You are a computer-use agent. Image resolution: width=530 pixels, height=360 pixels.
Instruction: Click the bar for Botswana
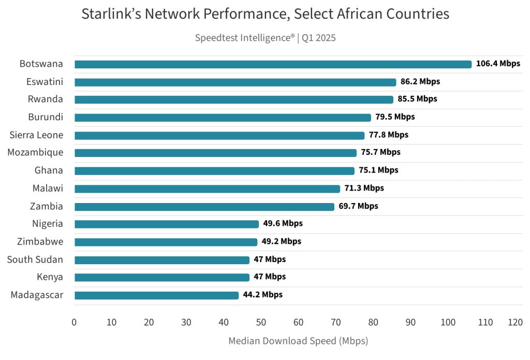point(273,64)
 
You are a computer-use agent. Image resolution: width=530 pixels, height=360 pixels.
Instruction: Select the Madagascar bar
point(156,295)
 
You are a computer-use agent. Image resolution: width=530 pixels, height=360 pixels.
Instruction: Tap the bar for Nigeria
point(166,224)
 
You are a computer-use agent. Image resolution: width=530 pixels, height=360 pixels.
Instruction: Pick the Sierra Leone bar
point(219,135)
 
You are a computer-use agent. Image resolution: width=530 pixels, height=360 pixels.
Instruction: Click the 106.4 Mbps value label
point(498,64)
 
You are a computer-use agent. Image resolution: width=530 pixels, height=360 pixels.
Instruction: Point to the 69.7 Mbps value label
point(358,206)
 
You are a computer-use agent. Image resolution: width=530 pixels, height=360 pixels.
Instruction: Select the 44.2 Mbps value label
point(262,295)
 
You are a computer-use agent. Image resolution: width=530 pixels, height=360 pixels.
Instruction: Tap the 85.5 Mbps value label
point(417,99)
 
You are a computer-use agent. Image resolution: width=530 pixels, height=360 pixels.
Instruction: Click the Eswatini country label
point(45,82)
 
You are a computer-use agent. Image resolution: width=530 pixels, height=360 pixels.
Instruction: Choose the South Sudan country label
point(35,260)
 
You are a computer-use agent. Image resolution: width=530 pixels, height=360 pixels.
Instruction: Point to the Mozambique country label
point(35,153)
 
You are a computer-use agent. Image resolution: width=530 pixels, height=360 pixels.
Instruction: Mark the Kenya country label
point(50,277)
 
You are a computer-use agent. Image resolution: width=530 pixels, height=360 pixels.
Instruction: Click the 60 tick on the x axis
point(298,322)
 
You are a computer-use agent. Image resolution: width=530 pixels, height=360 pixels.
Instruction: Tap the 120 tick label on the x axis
point(515,322)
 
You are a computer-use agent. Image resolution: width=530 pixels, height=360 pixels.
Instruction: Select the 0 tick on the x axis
point(75,322)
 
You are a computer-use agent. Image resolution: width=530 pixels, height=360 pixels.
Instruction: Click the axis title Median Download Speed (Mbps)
point(298,341)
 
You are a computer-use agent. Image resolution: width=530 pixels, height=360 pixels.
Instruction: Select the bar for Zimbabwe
point(166,242)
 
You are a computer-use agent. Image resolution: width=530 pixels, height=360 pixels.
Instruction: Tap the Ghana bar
point(214,170)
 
